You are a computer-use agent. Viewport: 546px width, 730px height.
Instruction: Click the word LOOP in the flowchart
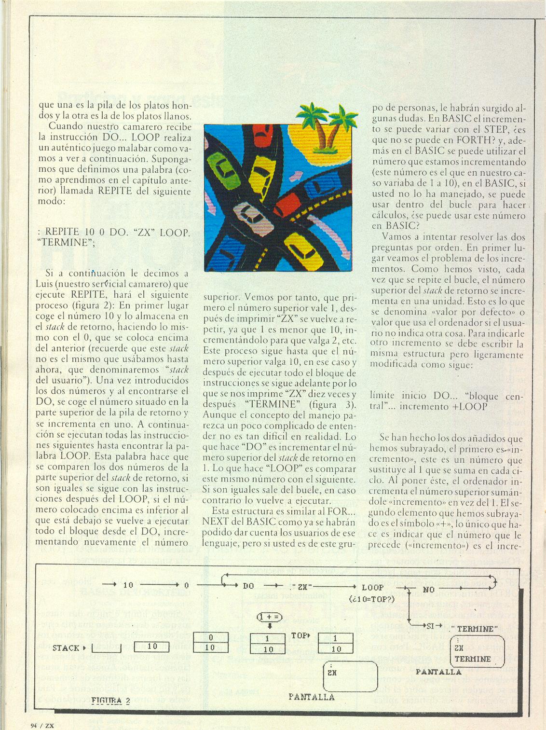(x=372, y=587)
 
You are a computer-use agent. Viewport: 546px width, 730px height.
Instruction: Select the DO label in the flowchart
(x=248, y=586)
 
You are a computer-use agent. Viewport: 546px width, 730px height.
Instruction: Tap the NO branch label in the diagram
(x=428, y=589)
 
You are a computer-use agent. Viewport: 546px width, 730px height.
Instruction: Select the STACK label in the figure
(x=66, y=647)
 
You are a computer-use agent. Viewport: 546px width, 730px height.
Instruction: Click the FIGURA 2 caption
(x=110, y=701)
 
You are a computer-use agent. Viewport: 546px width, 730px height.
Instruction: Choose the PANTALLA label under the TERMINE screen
(x=438, y=672)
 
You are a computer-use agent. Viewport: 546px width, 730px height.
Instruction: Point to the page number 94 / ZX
(x=41, y=725)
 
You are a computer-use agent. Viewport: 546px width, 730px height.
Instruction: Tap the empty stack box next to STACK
(x=106, y=647)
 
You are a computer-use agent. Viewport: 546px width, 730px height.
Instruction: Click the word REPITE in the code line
(x=62, y=232)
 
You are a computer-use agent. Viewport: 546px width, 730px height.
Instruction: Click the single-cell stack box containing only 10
(x=151, y=647)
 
